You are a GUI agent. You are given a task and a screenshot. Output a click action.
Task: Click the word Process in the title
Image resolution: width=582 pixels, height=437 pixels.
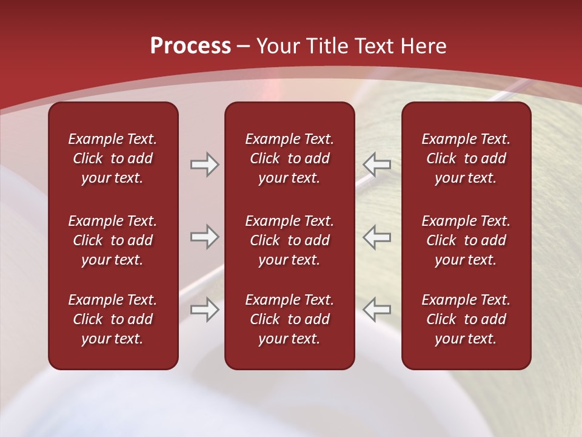[x=190, y=46]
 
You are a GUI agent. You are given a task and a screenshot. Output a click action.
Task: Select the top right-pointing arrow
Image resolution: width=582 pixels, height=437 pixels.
[x=204, y=164]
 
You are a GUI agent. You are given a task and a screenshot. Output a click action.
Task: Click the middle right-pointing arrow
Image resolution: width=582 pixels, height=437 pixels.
[x=204, y=237]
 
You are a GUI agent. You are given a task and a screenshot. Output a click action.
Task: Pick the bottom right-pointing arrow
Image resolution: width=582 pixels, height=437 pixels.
[x=204, y=310]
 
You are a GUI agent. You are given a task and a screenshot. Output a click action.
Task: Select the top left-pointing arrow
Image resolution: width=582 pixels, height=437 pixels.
[x=376, y=164]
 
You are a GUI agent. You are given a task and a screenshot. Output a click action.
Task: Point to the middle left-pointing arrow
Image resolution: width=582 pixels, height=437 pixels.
[x=376, y=237]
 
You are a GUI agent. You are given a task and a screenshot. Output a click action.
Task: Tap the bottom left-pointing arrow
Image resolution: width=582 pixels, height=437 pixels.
[x=376, y=310]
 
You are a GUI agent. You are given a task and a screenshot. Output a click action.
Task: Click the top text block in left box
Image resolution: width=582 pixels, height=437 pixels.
[x=113, y=158]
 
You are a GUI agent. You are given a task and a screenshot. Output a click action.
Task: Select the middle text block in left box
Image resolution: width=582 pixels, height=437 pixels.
[x=113, y=240]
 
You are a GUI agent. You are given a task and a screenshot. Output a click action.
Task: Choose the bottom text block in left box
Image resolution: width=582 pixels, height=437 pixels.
[x=113, y=319]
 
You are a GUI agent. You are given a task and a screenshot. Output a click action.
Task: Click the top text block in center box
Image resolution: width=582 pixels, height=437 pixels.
[x=289, y=158]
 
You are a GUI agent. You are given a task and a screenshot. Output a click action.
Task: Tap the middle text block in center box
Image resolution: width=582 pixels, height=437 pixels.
[x=289, y=240]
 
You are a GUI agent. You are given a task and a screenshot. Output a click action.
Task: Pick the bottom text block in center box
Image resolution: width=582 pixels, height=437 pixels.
[x=289, y=319]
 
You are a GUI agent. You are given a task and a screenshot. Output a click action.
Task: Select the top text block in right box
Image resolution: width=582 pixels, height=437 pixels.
[x=466, y=158]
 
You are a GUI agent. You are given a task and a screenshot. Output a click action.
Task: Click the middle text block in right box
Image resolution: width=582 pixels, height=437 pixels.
[x=466, y=240]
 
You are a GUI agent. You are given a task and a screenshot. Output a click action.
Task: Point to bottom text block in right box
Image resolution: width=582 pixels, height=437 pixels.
[x=466, y=319]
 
